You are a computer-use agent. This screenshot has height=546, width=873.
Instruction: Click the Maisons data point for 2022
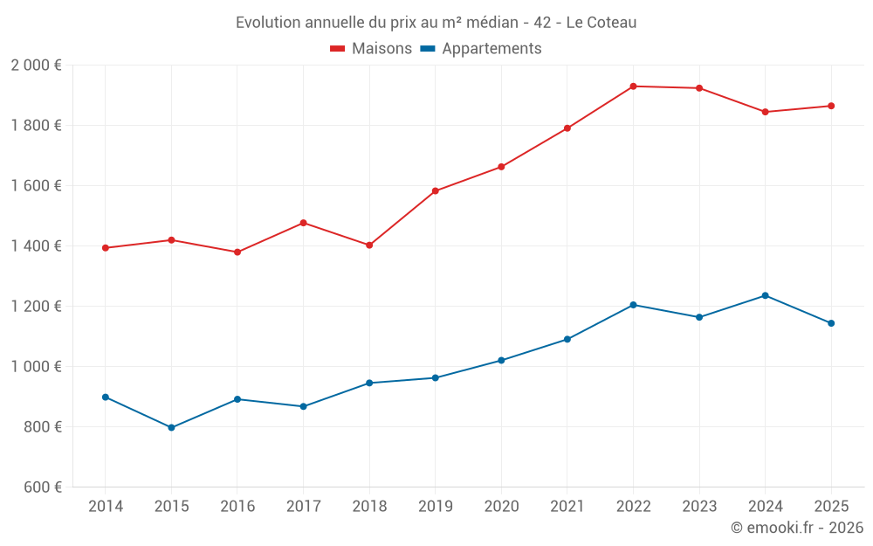(633, 86)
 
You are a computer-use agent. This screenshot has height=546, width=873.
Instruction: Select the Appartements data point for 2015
(171, 428)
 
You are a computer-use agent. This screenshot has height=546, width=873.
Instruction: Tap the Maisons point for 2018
(369, 245)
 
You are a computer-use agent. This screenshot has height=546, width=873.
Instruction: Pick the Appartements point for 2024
(765, 295)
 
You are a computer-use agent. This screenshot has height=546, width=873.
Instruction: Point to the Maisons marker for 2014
(106, 248)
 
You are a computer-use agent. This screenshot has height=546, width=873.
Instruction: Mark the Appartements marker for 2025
(831, 323)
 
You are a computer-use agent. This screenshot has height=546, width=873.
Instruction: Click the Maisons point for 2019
(435, 191)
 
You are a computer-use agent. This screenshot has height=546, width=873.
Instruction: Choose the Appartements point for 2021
(567, 340)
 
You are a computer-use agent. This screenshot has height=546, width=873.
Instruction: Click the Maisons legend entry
(371, 49)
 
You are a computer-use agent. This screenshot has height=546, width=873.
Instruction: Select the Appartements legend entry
(481, 49)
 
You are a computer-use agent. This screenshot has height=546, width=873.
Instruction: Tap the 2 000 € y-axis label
(37, 66)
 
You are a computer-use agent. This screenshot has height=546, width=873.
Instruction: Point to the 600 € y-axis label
(42, 487)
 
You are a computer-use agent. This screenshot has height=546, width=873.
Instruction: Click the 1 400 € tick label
(37, 246)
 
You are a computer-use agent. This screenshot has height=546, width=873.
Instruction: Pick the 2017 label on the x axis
(303, 507)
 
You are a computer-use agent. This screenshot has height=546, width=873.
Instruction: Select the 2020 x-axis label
(501, 507)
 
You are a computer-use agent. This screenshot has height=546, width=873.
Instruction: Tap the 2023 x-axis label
(699, 507)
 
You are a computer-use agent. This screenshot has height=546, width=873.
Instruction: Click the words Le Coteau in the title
(601, 23)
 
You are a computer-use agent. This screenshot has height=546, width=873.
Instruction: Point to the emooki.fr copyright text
(797, 528)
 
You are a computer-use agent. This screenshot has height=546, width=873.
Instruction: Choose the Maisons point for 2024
(765, 112)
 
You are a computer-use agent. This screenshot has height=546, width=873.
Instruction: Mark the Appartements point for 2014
(106, 397)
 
